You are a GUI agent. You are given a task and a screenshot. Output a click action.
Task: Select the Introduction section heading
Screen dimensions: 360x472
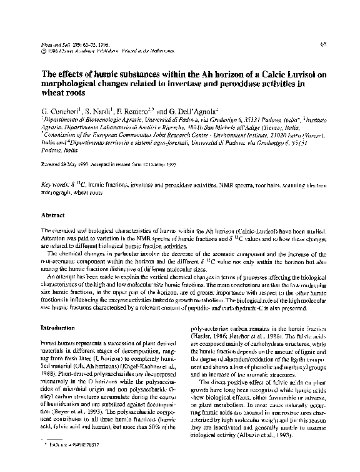coord(57,328)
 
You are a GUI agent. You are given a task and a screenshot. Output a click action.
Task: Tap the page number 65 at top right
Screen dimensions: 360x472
coord(325,44)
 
